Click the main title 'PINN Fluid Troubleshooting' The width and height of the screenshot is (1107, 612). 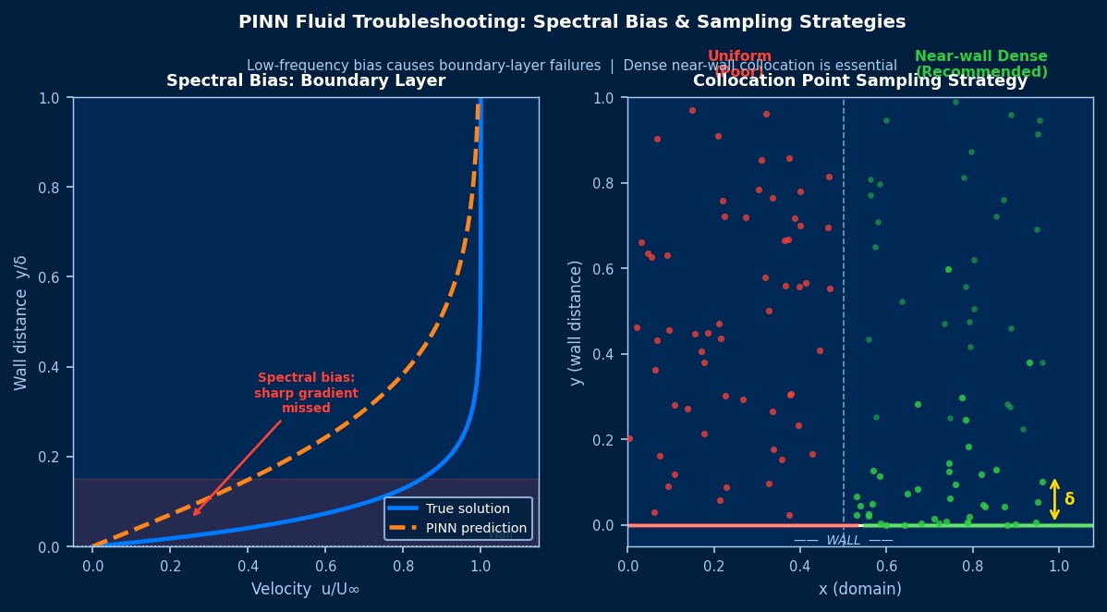pyautogui.click(x=571, y=22)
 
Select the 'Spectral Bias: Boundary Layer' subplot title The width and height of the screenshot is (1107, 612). pyautogui.click(x=306, y=81)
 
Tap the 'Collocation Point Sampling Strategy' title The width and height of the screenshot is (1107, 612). pyautogui.click(x=860, y=81)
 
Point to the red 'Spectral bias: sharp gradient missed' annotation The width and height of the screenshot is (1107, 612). pyautogui.click(x=306, y=393)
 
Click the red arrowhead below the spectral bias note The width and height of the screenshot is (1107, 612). pyautogui.click(x=196, y=512)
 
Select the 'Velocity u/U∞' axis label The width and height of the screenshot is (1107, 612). pyautogui.click(x=306, y=589)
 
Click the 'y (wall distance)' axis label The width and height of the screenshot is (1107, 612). pyautogui.click(x=576, y=323)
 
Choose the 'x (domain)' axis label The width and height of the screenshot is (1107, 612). pyautogui.click(x=860, y=589)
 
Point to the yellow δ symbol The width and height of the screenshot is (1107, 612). pyautogui.click(x=1070, y=499)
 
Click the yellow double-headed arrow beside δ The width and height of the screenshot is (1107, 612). pyautogui.click(x=1054, y=499)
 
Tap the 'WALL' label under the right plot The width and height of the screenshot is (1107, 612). pyautogui.click(x=844, y=541)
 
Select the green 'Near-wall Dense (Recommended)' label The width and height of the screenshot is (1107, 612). pyautogui.click(x=981, y=64)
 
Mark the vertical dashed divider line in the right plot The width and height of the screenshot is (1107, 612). pyautogui.click(x=844, y=305)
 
